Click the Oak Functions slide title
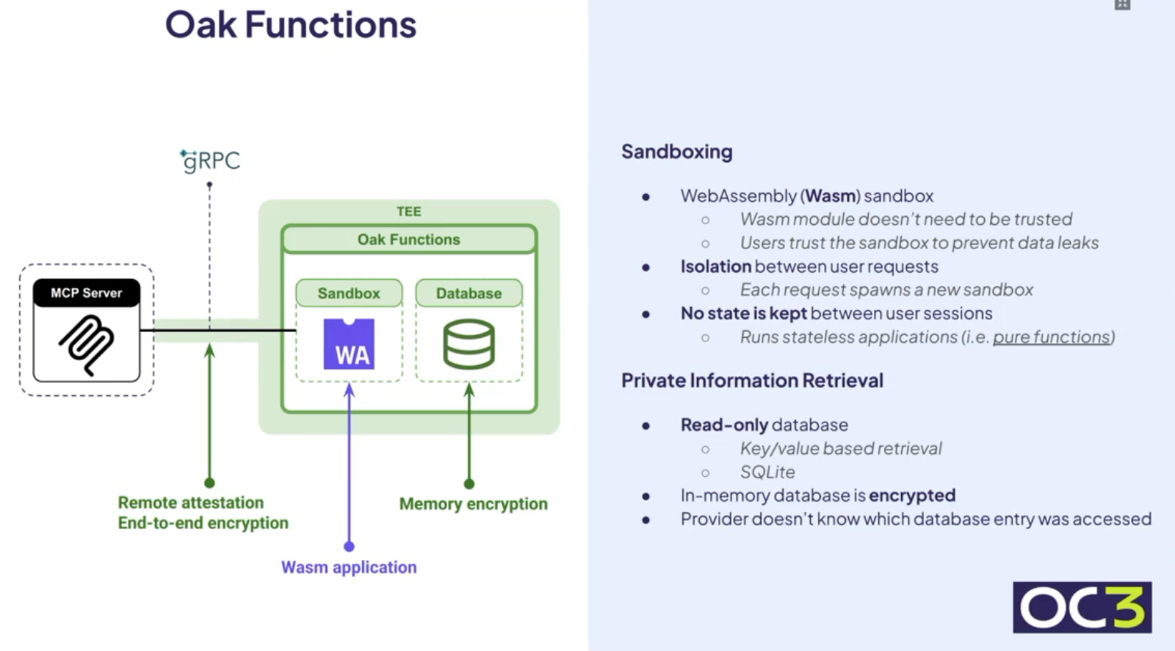[x=290, y=25]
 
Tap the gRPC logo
[x=211, y=160]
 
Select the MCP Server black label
[x=87, y=292]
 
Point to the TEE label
[x=408, y=212]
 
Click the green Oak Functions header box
[x=408, y=240]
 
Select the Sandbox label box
[x=349, y=293]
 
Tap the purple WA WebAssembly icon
[x=349, y=344]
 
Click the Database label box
[x=469, y=293]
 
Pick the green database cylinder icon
[x=469, y=344]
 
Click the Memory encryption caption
[x=473, y=504]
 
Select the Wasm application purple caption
[x=349, y=567]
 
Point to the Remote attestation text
[x=191, y=503]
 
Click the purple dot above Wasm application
[x=349, y=547]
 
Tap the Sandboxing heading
[x=676, y=151]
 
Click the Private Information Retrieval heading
[x=752, y=381]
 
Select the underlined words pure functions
[x=1052, y=337]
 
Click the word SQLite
[x=767, y=472]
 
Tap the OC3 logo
[x=1082, y=608]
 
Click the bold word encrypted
[x=912, y=495]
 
